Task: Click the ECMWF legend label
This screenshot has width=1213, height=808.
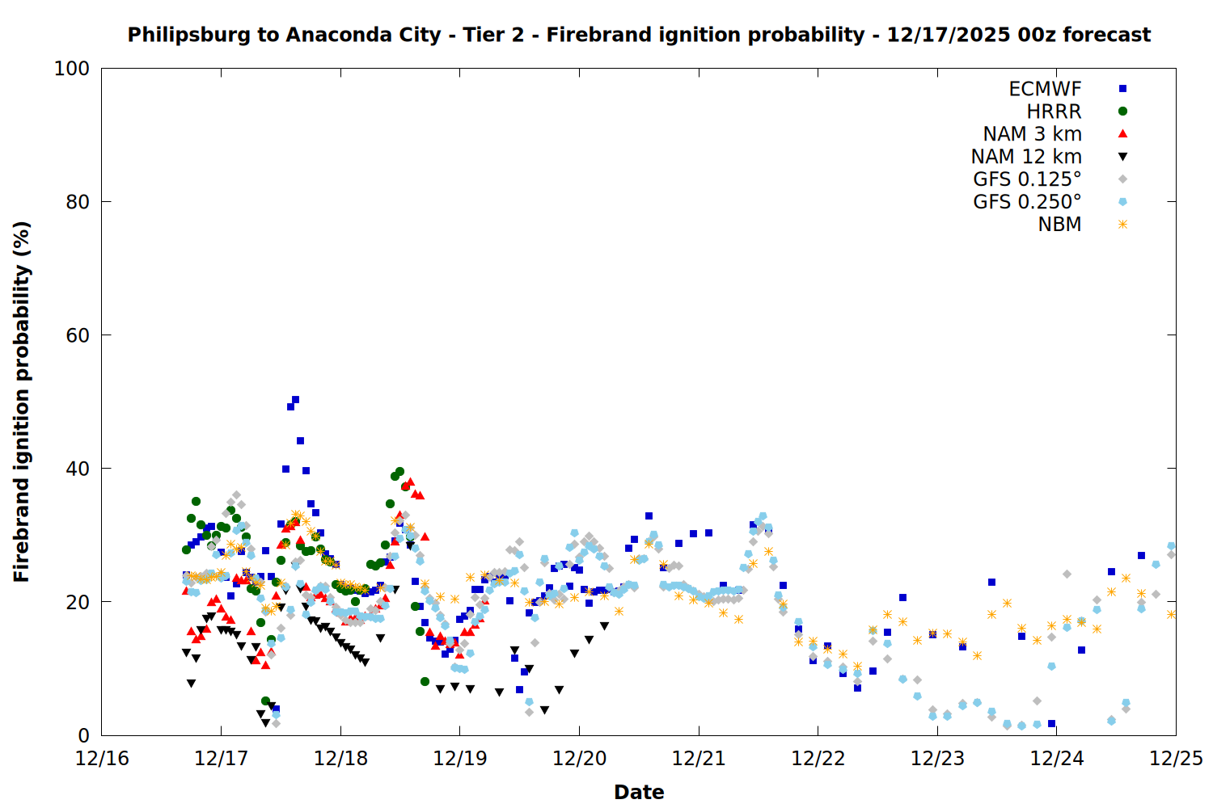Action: tap(1045, 89)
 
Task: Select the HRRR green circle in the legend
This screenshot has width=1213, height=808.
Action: tap(1122, 112)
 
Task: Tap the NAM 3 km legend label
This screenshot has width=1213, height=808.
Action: tap(1032, 134)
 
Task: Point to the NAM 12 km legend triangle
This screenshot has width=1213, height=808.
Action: tap(1122, 157)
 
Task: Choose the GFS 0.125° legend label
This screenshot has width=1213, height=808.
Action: tap(1027, 179)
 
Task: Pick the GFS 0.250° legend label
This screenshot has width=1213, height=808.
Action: tap(1027, 202)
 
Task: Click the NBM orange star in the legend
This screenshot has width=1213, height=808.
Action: tap(1122, 225)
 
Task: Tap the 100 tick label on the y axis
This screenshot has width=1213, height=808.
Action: tap(72, 69)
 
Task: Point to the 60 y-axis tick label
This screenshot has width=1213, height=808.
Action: tap(78, 335)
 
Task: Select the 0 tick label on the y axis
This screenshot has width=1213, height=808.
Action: tap(83, 735)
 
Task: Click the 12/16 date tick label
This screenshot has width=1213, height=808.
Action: tap(102, 759)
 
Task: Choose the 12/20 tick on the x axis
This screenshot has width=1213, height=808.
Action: tap(579, 759)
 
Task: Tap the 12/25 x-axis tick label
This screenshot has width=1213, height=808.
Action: tap(1176, 759)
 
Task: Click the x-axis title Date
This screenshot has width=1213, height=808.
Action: tap(639, 792)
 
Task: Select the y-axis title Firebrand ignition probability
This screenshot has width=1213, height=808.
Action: tap(21, 402)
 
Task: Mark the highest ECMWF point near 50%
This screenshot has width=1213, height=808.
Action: tap(295, 400)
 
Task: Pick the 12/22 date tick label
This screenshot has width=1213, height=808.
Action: tap(818, 759)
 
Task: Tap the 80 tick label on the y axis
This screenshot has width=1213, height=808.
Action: tap(78, 202)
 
